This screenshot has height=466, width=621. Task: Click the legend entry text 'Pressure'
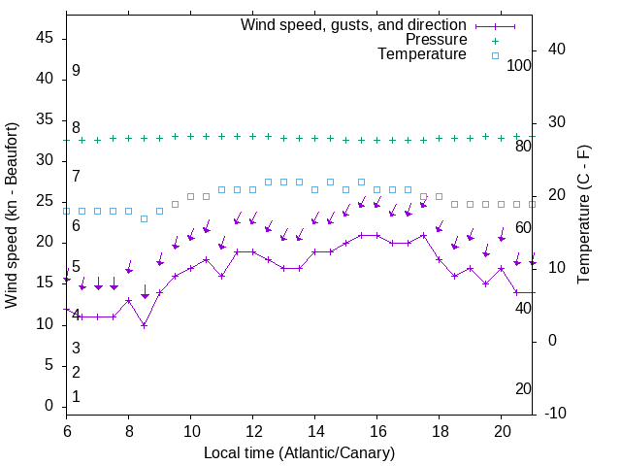(436, 40)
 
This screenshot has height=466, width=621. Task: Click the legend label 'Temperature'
(422, 55)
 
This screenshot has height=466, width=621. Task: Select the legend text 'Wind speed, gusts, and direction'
(353, 24)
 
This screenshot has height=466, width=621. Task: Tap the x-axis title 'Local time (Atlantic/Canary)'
(300, 453)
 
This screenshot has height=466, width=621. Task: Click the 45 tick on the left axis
(45, 39)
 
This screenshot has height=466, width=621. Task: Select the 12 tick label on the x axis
(253, 430)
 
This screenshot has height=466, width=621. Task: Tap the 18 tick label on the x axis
(440, 430)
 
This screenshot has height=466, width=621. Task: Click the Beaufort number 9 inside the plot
(76, 71)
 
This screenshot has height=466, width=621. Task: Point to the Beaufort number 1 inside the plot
(76, 397)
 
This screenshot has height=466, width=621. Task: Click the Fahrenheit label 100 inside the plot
(519, 66)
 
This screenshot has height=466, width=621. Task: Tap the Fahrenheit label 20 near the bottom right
(523, 389)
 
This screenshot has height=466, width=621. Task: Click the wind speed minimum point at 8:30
(145, 325)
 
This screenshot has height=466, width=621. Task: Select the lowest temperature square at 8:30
(145, 218)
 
